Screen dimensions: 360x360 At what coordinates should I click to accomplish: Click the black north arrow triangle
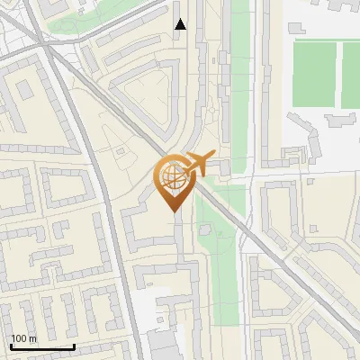(181, 24)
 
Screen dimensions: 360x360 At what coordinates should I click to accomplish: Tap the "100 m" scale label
(23, 338)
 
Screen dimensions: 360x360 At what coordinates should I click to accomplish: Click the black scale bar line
(41, 346)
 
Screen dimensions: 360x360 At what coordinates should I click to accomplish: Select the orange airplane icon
(199, 163)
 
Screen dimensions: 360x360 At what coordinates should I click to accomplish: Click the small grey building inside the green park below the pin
(204, 229)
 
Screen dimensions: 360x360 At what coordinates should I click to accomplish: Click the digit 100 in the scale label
(19, 338)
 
